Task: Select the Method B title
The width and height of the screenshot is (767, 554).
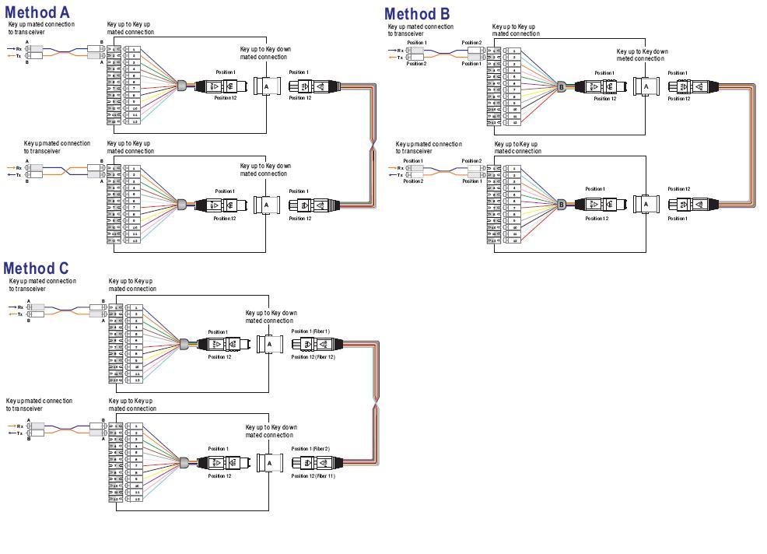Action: click(x=417, y=13)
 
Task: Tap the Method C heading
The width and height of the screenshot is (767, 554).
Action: click(x=36, y=269)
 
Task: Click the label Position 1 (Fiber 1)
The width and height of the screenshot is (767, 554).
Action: click(x=310, y=331)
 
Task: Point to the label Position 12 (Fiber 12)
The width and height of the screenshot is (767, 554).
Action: click(x=313, y=356)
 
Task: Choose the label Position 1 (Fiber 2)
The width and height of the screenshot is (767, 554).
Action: click(x=310, y=449)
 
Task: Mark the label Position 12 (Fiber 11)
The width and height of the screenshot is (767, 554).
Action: click(x=313, y=475)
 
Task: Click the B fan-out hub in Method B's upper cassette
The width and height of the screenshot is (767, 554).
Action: click(x=562, y=86)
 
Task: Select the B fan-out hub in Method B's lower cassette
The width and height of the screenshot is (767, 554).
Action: click(x=562, y=205)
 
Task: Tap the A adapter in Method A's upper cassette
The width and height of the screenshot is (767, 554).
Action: click(x=266, y=86)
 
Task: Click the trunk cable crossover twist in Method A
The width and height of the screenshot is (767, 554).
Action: click(x=371, y=146)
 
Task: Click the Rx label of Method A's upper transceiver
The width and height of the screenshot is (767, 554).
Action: click(x=19, y=49)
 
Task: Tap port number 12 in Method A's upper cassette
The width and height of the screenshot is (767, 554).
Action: click(x=135, y=121)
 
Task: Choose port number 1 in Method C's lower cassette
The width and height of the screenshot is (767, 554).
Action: click(x=137, y=426)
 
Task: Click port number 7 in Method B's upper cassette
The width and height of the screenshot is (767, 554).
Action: click(x=514, y=89)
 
